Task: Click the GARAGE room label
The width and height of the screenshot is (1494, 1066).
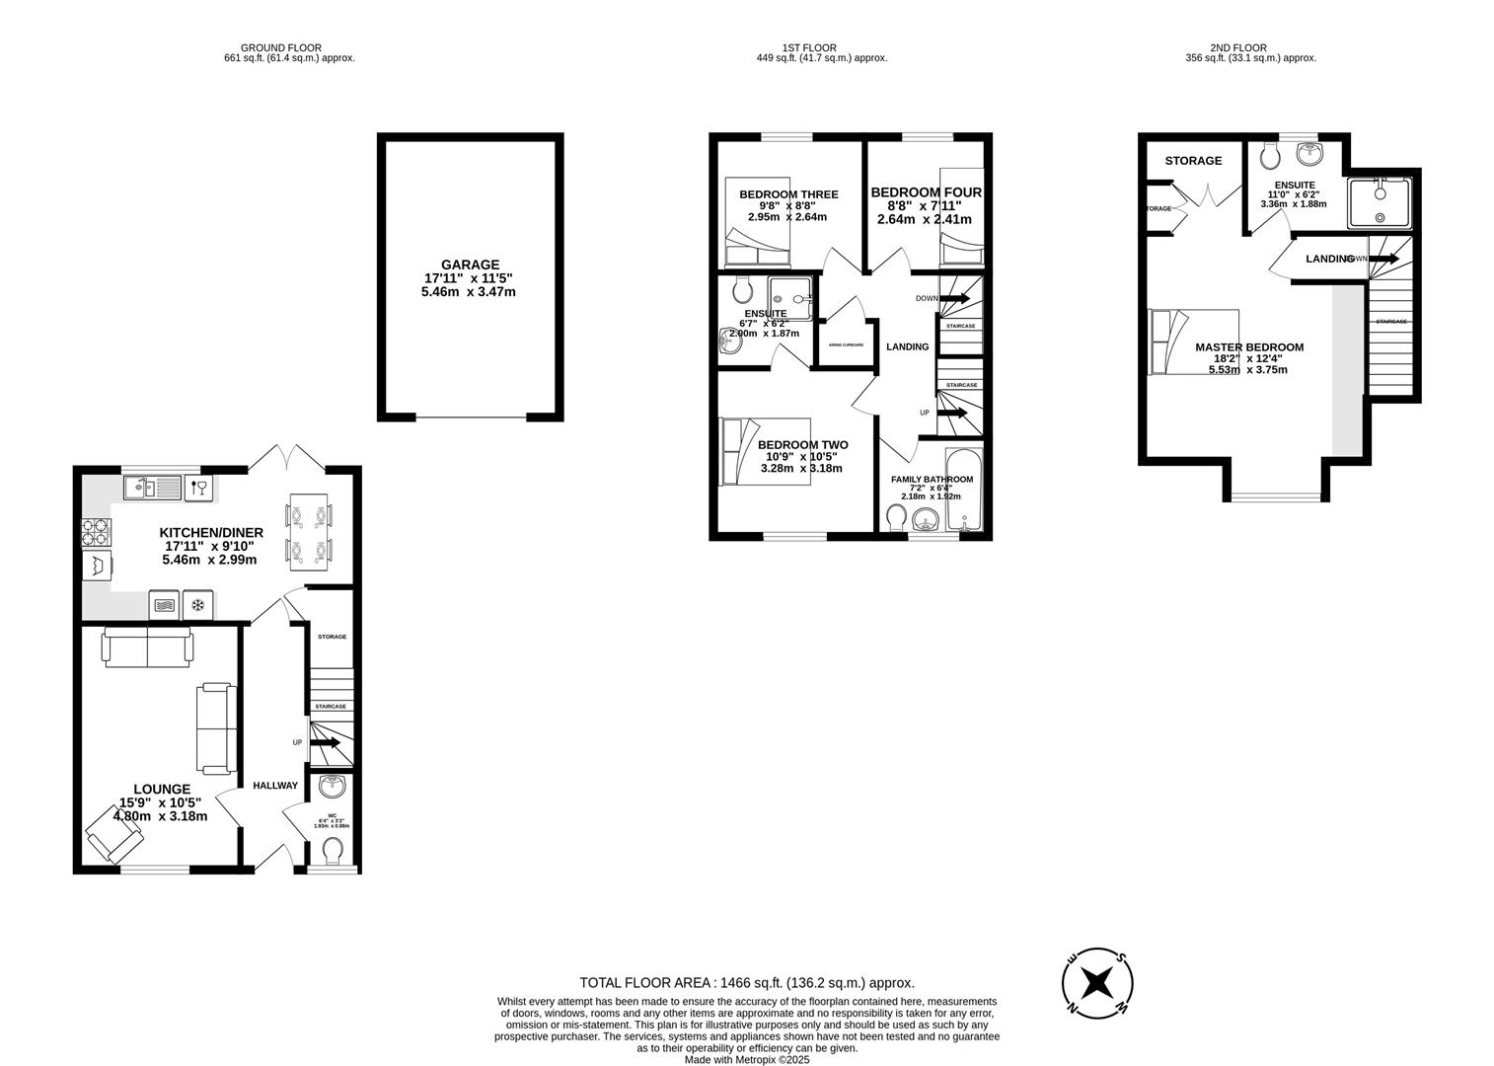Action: click(x=470, y=265)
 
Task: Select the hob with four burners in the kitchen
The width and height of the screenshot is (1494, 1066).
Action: click(x=97, y=532)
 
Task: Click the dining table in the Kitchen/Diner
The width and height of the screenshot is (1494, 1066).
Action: click(x=309, y=531)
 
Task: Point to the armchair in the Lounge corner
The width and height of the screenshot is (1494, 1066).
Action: click(x=115, y=833)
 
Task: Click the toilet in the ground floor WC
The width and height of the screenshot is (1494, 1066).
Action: click(x=334, y=850)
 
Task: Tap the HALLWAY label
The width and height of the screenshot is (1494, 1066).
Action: click(x=274, y=786)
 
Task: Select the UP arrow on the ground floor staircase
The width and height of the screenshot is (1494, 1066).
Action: click(x=325, y=741)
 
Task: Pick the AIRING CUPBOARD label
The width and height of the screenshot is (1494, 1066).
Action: click(x=846, y=344)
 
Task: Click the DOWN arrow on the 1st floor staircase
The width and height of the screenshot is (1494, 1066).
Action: click(x=953, y=297)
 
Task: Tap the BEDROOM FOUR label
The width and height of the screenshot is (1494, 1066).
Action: click(x=926, y=192)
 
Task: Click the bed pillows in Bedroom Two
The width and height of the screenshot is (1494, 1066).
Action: click(x=732, y=452)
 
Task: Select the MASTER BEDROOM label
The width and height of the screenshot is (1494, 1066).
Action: click(x=1248, y=347)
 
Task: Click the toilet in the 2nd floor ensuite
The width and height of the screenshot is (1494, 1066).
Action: click(x=1269, y=156)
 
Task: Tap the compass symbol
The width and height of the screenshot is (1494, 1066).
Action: click(x=1096, y=984)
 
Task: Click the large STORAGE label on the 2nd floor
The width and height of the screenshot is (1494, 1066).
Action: click(x=1192, y=161)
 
